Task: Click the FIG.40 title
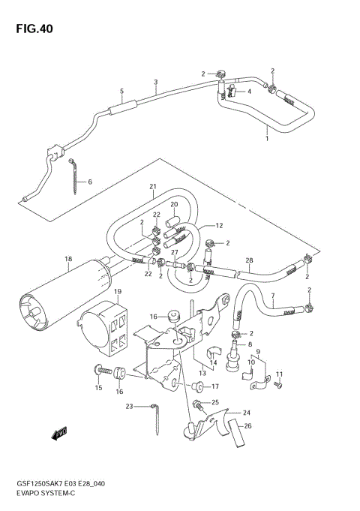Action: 32,29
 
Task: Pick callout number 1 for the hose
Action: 266,138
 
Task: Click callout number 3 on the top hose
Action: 155,82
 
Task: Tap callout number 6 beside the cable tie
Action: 90,182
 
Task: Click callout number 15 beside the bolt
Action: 97,388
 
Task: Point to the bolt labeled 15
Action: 100,371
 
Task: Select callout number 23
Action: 129,406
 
